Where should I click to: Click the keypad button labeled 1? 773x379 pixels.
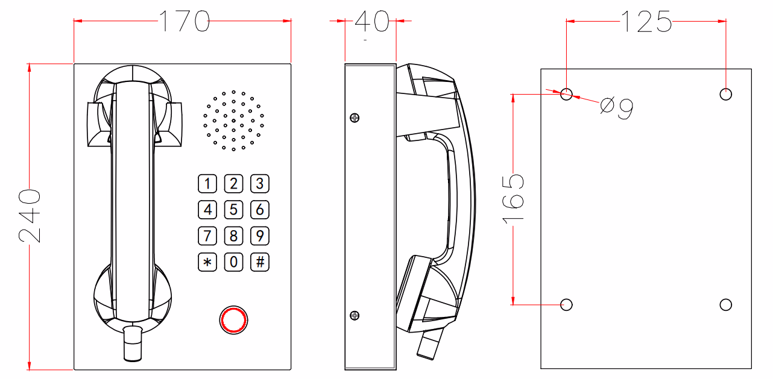tap(207, 184)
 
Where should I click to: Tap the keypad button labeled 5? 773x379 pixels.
tap(234, 210)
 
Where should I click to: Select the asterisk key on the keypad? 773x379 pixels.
tap(207, 262)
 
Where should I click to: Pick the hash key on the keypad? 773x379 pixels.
tap(260, 262)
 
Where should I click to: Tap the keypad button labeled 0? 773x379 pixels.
tap(234, 262)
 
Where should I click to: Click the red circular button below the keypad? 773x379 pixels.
tap(233, 319)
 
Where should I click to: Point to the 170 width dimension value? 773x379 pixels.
tap(183, 22)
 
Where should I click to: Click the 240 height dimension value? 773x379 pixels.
tap(30, 216)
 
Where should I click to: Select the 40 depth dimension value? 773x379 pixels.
tap(372, 22)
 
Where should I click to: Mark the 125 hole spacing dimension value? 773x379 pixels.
tap(646, 22)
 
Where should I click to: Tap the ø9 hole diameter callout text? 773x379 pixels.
tap(617, 108)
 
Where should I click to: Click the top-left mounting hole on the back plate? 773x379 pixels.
tap(566, 94)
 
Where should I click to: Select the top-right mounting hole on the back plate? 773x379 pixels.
tap(726, 94)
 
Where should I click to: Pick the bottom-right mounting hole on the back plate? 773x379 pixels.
tap(726, 304)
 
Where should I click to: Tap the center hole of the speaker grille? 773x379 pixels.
tap(233, 121)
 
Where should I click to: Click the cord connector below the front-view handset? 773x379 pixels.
tap(132, 343)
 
